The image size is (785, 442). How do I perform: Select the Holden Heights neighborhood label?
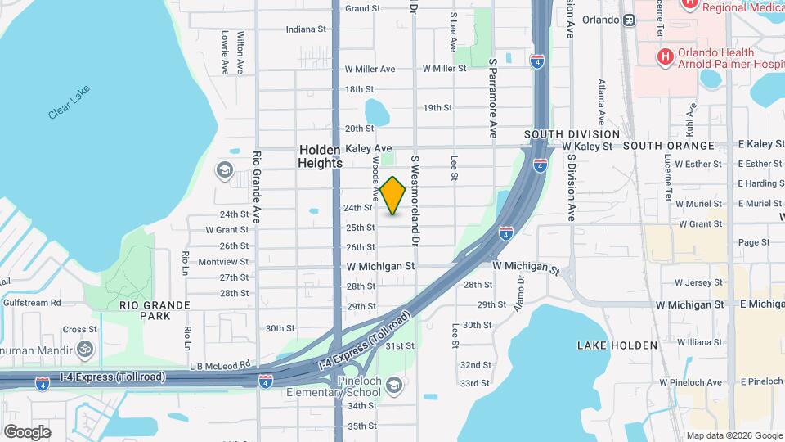tap(321, 156)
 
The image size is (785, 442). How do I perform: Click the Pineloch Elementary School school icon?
tap(393, 384)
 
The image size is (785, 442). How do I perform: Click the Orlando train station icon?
tap(629, 20)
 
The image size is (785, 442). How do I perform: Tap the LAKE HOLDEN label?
tap(617, 345)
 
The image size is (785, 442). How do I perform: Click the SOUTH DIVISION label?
tap(572, 134)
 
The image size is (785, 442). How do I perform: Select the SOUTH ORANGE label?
tap(668, 146)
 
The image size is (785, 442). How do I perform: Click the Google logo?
tap(27, 431)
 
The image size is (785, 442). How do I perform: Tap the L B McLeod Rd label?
tap(218, 368)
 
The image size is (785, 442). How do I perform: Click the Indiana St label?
tap(306, 29)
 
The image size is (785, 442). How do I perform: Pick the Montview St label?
tap(222, 262)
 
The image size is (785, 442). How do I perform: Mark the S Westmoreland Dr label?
tap(415, 201)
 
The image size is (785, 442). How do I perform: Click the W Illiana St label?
tap(699, 343)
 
